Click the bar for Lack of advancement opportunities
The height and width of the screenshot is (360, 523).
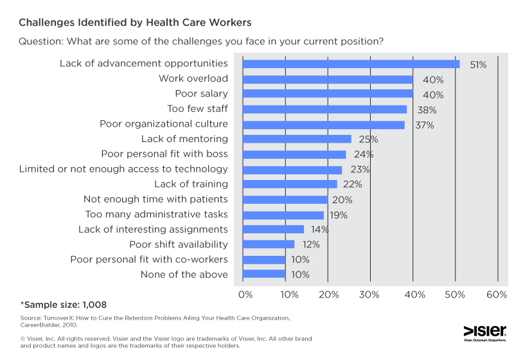pos(351,64)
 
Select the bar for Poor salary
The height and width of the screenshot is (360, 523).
pos(328,94)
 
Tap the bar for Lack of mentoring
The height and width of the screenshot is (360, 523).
pos(297,139)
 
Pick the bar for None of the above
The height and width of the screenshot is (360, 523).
pos(263,274)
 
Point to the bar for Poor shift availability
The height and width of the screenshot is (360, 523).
pos(268,244)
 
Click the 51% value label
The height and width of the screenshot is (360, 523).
pos(477,64)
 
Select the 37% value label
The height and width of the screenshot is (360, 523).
pos(424,125)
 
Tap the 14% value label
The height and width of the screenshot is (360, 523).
pos(319,230)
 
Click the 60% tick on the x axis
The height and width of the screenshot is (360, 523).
pos(497,294)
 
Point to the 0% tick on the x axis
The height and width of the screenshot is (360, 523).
pos(245,294)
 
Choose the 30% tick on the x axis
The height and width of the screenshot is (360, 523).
pos(370,294)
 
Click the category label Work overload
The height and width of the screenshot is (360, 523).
pos(193,78)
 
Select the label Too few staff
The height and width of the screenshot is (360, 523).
pos(197,109)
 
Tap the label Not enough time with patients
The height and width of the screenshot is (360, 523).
pos(155,199)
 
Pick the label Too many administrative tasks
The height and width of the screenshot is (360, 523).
pos(156,214)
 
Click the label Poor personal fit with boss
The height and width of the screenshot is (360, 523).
pos(164,154)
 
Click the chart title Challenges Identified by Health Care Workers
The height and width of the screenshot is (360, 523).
pos(135,22)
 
